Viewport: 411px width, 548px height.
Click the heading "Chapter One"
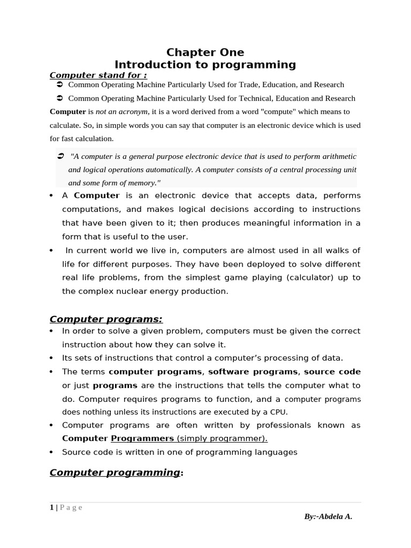(x=205, y=52)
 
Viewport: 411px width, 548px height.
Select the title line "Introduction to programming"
(x=205, y=65)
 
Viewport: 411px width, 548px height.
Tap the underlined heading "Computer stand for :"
(x=98, y=75)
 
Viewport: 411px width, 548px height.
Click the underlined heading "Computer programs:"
(x=106, y=319)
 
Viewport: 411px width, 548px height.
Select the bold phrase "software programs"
(x=253, y=371)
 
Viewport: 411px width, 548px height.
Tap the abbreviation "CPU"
(x=279, y=412)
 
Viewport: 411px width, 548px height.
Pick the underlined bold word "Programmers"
(x=142, y=438)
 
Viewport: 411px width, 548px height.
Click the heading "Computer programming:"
(x=116, y=473)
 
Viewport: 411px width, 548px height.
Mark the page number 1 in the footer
(x=52, y=508)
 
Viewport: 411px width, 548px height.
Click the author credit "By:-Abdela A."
(x=328, y=516)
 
